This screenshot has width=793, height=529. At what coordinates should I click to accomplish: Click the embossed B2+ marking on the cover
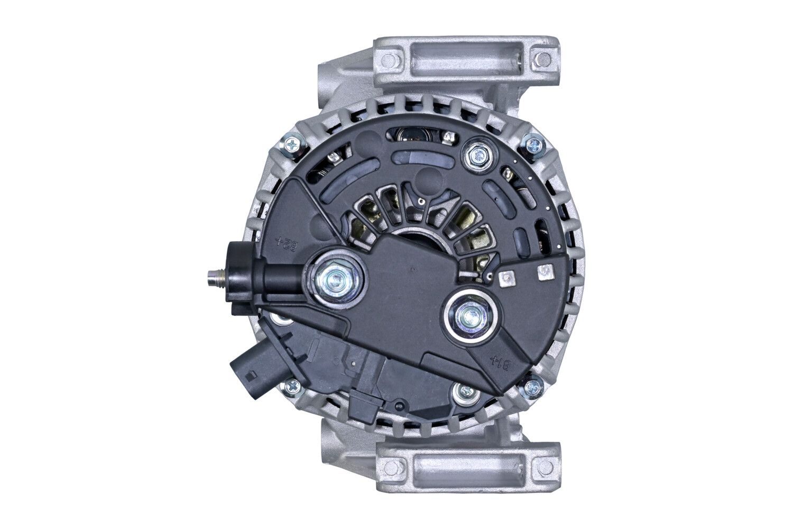[x=284, y=244]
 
